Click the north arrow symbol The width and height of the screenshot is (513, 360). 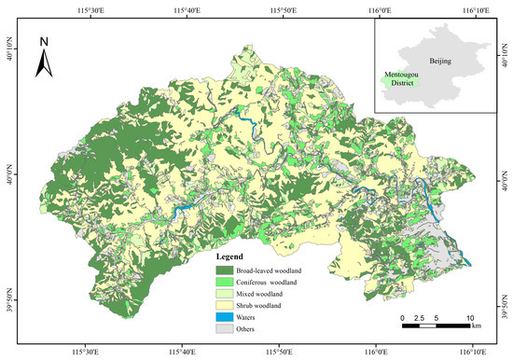[43, 62]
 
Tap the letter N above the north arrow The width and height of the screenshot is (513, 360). [43, 42]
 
